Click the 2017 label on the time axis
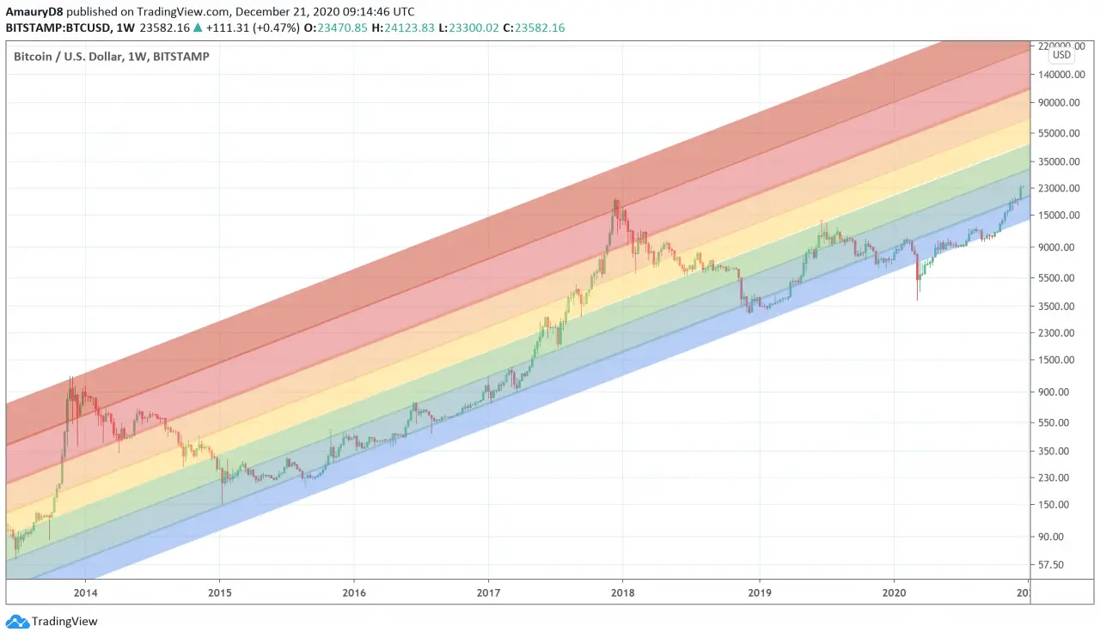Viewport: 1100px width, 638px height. (x=488, y=592)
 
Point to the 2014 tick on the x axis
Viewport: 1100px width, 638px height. (x=84, y=592)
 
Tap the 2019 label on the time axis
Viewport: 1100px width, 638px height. (x=759, y=592)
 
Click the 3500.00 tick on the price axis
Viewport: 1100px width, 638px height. (x=1059, y=306)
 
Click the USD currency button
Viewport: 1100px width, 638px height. (x=1062, y=55)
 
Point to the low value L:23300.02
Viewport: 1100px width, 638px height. (x=474, y=27)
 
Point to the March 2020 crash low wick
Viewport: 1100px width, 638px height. (x=918, y=299)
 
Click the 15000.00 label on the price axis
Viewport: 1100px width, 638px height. (x=1056, y=215)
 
